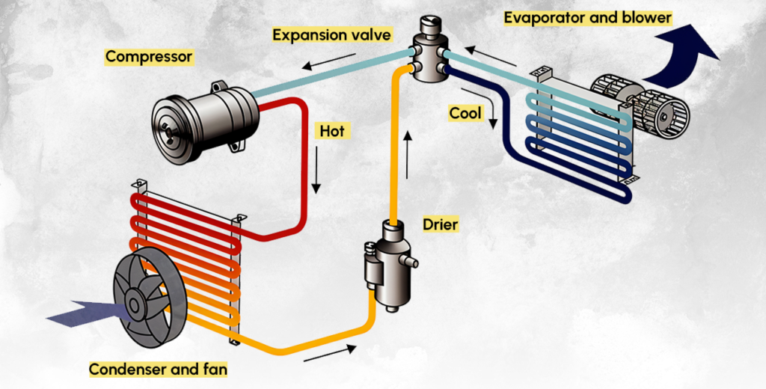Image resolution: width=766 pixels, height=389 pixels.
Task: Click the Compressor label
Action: [x=149, y=57]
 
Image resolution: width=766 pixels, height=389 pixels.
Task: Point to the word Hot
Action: [x=331, y=132]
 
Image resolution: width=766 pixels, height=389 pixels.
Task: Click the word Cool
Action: [x=465, y=113]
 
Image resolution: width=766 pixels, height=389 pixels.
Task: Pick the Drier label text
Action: [x=440, y=224]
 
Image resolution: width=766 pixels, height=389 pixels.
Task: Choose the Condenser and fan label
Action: [x=158, y=369]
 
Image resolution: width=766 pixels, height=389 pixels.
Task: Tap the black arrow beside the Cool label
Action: [x=494, y=117]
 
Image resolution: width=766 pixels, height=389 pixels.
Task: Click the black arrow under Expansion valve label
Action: [x=320, y=63]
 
